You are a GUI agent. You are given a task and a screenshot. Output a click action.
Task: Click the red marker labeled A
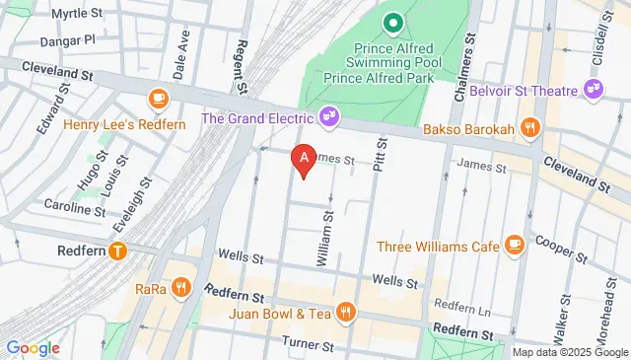(x=305, y=159)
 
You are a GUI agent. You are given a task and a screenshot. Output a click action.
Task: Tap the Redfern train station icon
(x=118, y=252)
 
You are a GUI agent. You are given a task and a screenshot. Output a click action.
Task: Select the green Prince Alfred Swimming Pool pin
(x=392, y=21)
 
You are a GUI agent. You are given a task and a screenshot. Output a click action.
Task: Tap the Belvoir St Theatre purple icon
(x=595, y=87)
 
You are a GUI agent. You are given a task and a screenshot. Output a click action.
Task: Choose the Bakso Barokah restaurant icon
(x=529, y=126)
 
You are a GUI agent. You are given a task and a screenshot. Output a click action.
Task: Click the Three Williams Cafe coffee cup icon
(x=513, y=245)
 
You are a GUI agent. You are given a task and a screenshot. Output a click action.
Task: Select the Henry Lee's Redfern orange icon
(x=157, y=98)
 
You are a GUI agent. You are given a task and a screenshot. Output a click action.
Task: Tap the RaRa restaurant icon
(x=180, y=289)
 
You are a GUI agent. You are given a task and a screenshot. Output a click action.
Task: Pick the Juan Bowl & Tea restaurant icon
(x=345, y=313)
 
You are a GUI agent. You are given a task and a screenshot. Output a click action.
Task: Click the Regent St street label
(x=240, y=67)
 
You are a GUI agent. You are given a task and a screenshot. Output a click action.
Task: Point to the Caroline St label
(x=74, y=206)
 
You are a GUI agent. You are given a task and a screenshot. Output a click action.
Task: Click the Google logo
(x=33, y=347)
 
